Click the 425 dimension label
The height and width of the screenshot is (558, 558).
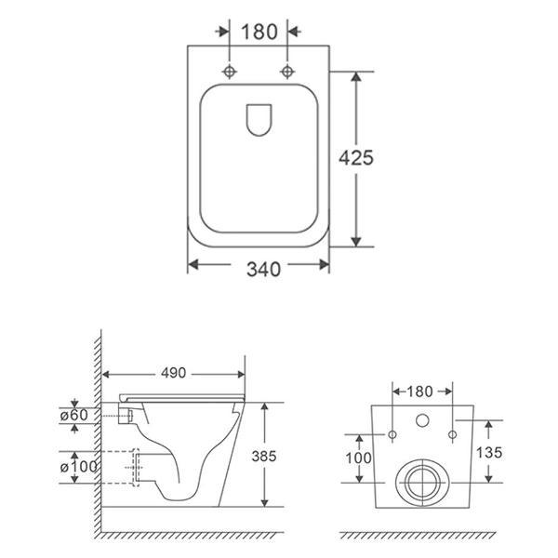point(356,158)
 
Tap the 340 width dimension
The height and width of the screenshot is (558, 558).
point(263,270)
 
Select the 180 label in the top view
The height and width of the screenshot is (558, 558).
point(259,32)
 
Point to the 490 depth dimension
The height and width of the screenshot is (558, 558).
point(173,373)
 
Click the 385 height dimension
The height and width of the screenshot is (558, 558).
point(264,456)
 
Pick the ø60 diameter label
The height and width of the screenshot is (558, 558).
point(74,415)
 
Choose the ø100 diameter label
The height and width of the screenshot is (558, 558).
point(78,467)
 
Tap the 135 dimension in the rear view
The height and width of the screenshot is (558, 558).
point(489,452)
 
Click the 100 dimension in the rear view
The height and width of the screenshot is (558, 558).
point(358,458)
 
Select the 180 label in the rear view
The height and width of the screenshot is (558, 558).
point(420,392)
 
